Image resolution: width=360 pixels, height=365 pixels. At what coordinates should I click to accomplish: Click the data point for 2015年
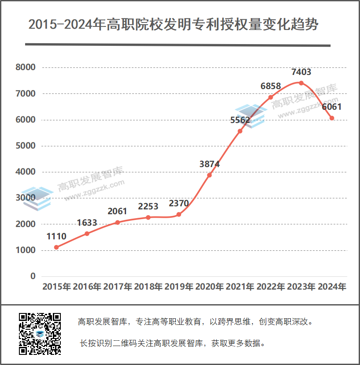coord(56,247)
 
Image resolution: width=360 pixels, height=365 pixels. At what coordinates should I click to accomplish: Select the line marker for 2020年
coord(209,175)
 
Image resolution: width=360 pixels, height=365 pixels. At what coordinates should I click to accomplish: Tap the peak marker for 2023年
coord(301,83)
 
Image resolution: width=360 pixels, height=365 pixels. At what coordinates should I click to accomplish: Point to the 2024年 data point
coord(332,118)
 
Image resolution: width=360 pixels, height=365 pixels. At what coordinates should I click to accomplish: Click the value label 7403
coord(301,72)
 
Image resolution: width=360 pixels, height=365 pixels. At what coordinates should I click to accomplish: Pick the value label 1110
coord(56,236)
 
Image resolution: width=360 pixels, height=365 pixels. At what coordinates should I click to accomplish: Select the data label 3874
coord(209,164)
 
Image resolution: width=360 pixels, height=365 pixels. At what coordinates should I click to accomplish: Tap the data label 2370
coord(179,204)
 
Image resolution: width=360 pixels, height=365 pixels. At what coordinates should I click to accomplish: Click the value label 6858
coord(271,86)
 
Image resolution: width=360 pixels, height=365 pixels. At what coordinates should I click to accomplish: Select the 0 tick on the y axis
coord(33,276)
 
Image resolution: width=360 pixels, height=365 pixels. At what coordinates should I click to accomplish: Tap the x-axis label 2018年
coord(148,287)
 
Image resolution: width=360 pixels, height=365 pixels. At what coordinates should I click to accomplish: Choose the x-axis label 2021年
coord(240,287)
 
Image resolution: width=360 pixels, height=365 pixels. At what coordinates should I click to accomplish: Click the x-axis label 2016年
coord(87,287)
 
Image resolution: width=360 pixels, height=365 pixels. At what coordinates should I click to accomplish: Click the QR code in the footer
coord(40,334)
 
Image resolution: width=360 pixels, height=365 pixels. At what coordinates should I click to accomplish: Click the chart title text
coord(173,24)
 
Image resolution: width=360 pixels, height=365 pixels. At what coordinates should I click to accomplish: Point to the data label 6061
coord(332,107)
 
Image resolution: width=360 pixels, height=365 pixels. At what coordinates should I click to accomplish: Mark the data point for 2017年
coord(118,222)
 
